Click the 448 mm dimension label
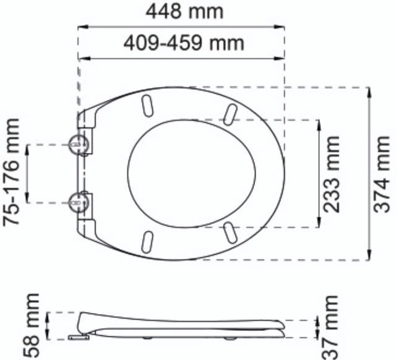(x=184, y=12)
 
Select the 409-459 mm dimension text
(x=184, y=43)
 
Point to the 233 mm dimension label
(x=333, y=174)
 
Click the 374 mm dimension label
(x=384, y=174)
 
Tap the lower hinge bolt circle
(x=78, y=201)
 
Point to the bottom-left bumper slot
(x=148, y=241)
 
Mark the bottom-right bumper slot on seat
(x=230, y=234)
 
